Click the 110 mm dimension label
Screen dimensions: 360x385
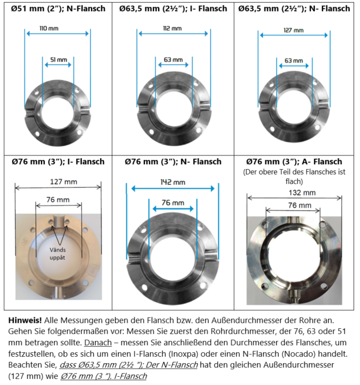tap(49, 28)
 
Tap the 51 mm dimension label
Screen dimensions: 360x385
tap(59, 59)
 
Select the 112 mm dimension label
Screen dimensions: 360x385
tap(173, 28)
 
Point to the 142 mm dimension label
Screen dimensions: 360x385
tap(173, 182)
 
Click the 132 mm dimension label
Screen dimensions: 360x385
tap(302, 192)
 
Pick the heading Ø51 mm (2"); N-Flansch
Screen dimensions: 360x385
tap(58, 9)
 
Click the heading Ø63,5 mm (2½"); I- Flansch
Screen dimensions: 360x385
tap(173, 9)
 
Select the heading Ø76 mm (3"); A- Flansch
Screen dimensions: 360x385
tap(294, 161)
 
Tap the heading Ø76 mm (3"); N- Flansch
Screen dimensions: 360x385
tap(173, 161)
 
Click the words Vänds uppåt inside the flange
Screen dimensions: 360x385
tap(57, 254)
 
